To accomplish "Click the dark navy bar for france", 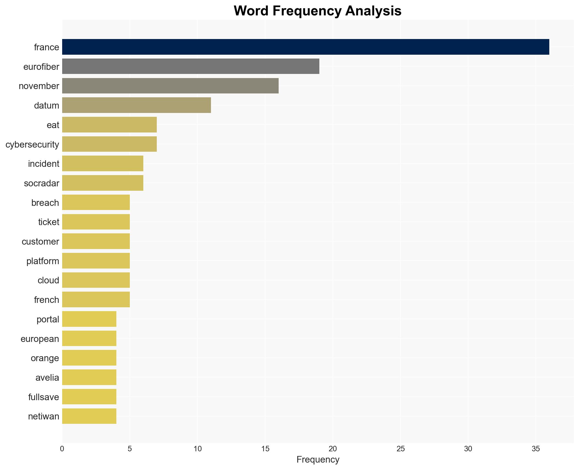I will click(x=305, y=47).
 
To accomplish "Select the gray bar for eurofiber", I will click(x=191, y=67).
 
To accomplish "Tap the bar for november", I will click(x=170, y=86).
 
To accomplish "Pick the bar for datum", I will click(x=136, y=105).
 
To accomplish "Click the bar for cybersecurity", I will click(x=109, y=144).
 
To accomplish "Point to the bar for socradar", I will click(x=103, y=183).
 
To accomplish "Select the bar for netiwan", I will click(x=89, y=416).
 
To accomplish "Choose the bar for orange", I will click(x=89, y=358).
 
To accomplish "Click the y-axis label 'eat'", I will click(x=53, y=125).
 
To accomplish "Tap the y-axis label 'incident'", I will click(x=43, y=164).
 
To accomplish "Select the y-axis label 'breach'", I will click(x=45, y=203).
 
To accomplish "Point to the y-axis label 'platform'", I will click(x=43, y=261).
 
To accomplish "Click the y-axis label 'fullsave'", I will click(x=43, y=397).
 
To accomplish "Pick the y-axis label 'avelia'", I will click(x=47, y=378).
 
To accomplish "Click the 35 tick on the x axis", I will click(x=536, y=449).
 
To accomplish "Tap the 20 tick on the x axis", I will click(x=333, y=449).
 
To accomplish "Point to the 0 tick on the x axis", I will click(x=62, y=449).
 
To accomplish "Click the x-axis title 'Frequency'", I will click(x=318, y=460).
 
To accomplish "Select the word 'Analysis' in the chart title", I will click(x=373, y=11).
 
